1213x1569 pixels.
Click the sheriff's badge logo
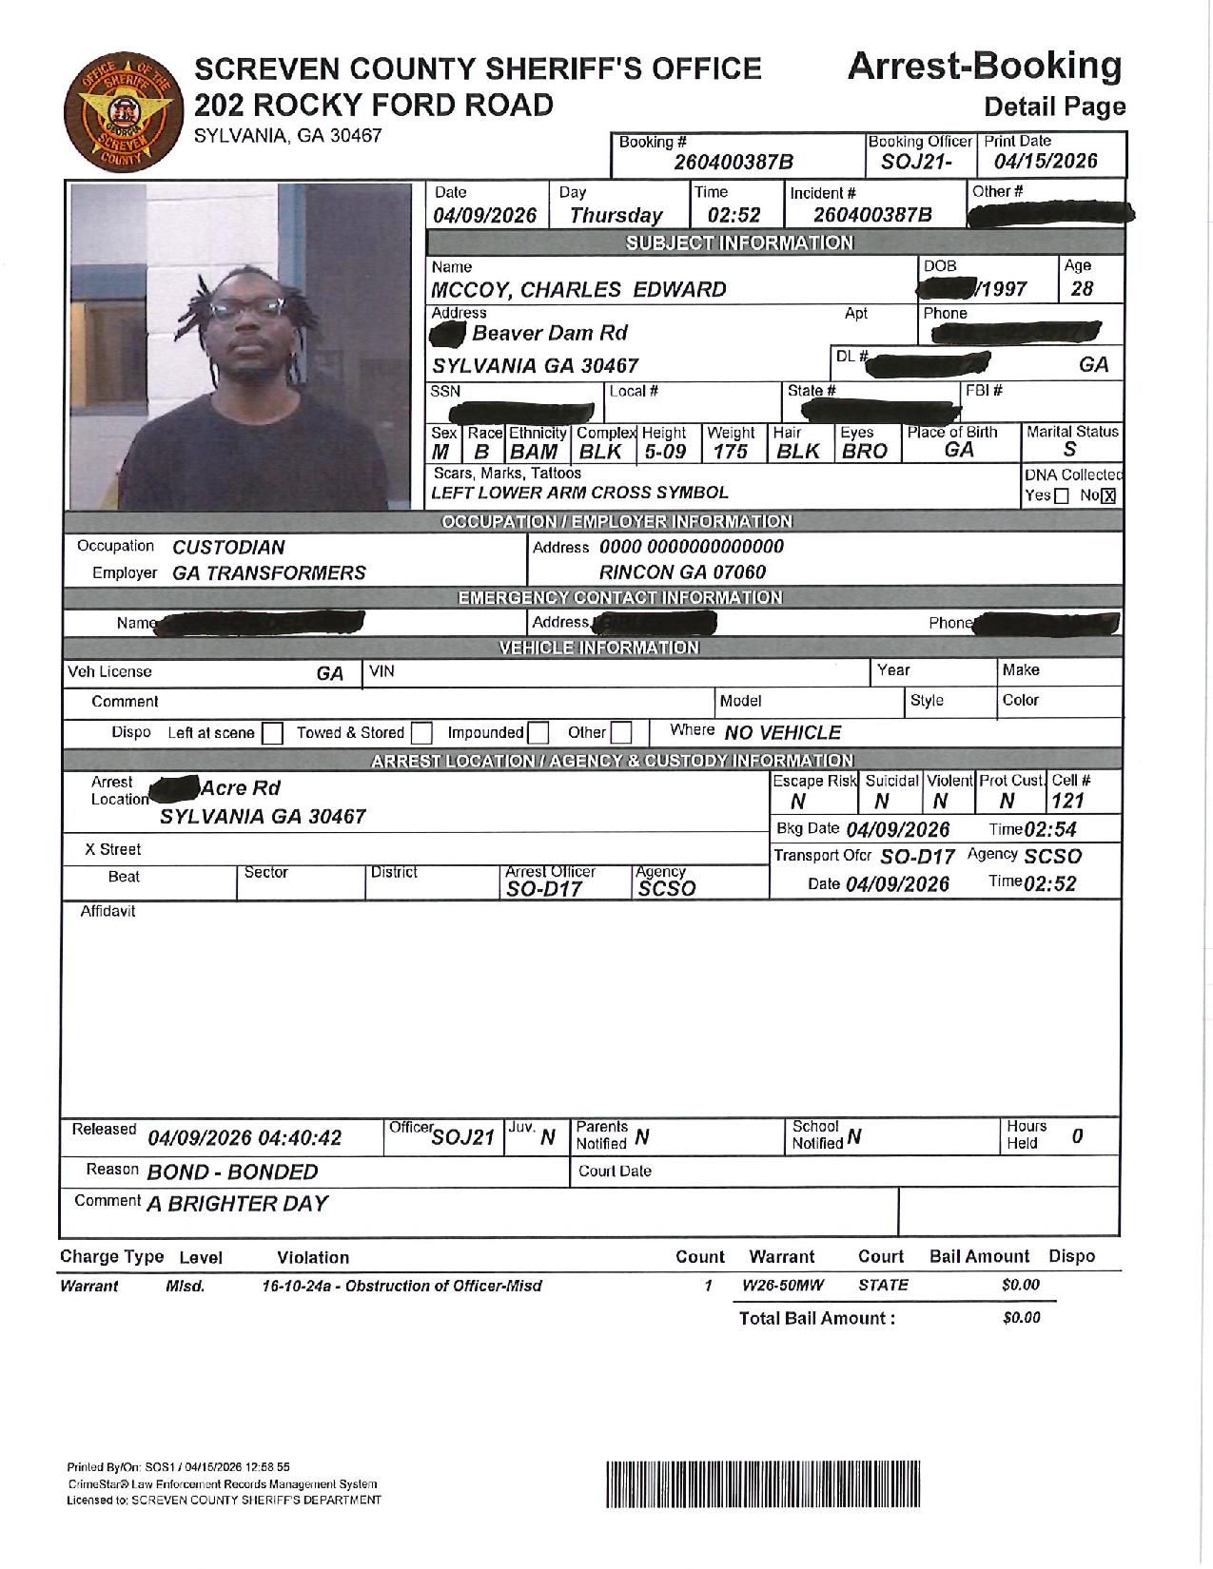tap(119, 113)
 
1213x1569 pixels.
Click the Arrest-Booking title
tap(984, 67)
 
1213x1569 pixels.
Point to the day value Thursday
tap(616, 216)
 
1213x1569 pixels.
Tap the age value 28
tap(1082, 289)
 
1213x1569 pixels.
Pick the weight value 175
tap(730, 452)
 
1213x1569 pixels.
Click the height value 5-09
tap(665, 452)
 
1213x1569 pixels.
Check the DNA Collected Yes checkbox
tap(1062, 495)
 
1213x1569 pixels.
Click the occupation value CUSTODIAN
tap(228, 548)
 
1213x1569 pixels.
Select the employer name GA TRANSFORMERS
tap(269, 573)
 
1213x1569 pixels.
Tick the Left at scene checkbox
tap(272, 733)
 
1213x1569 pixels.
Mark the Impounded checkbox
tap(538, 733)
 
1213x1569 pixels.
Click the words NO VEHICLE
tap(782, 733)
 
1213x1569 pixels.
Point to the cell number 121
tap(1067, 802)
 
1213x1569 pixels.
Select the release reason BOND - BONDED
tap(232, 1172)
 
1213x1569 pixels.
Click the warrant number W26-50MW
tap(782, 1286)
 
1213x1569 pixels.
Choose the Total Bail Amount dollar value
tap(1021, 1318)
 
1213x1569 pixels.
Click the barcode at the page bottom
tap(763, 1483)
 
